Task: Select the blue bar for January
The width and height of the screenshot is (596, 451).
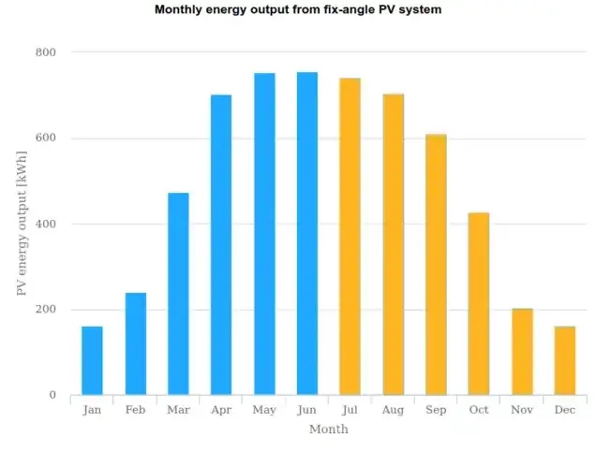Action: coord(92,360)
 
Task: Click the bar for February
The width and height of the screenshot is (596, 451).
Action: coord(136,343)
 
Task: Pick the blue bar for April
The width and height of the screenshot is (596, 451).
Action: coord(221,244)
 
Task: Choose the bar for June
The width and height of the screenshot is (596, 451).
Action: coord(307,233)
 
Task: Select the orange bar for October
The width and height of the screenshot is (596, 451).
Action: coord(479,303)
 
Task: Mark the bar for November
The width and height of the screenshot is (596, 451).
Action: coord(522,352)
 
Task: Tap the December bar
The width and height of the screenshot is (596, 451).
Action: coord(564,360)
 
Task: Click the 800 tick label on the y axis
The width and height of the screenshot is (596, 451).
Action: coord(45,52)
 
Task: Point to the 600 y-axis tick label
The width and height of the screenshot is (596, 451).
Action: coord(45,138)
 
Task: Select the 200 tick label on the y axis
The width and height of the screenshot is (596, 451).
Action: coord(45,310)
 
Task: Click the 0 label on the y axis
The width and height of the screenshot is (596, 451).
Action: coord(52,395)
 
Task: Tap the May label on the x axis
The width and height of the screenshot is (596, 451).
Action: coord(264,410)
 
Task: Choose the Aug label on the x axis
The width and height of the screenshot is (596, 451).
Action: coord(393,410)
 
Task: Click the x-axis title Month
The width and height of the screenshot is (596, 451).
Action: coord(328,429)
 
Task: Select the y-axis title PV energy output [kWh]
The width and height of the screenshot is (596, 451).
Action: coord(21,223)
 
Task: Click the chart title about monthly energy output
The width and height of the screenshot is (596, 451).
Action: coord(297,10)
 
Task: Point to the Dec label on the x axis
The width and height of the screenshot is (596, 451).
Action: coord(564,410)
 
